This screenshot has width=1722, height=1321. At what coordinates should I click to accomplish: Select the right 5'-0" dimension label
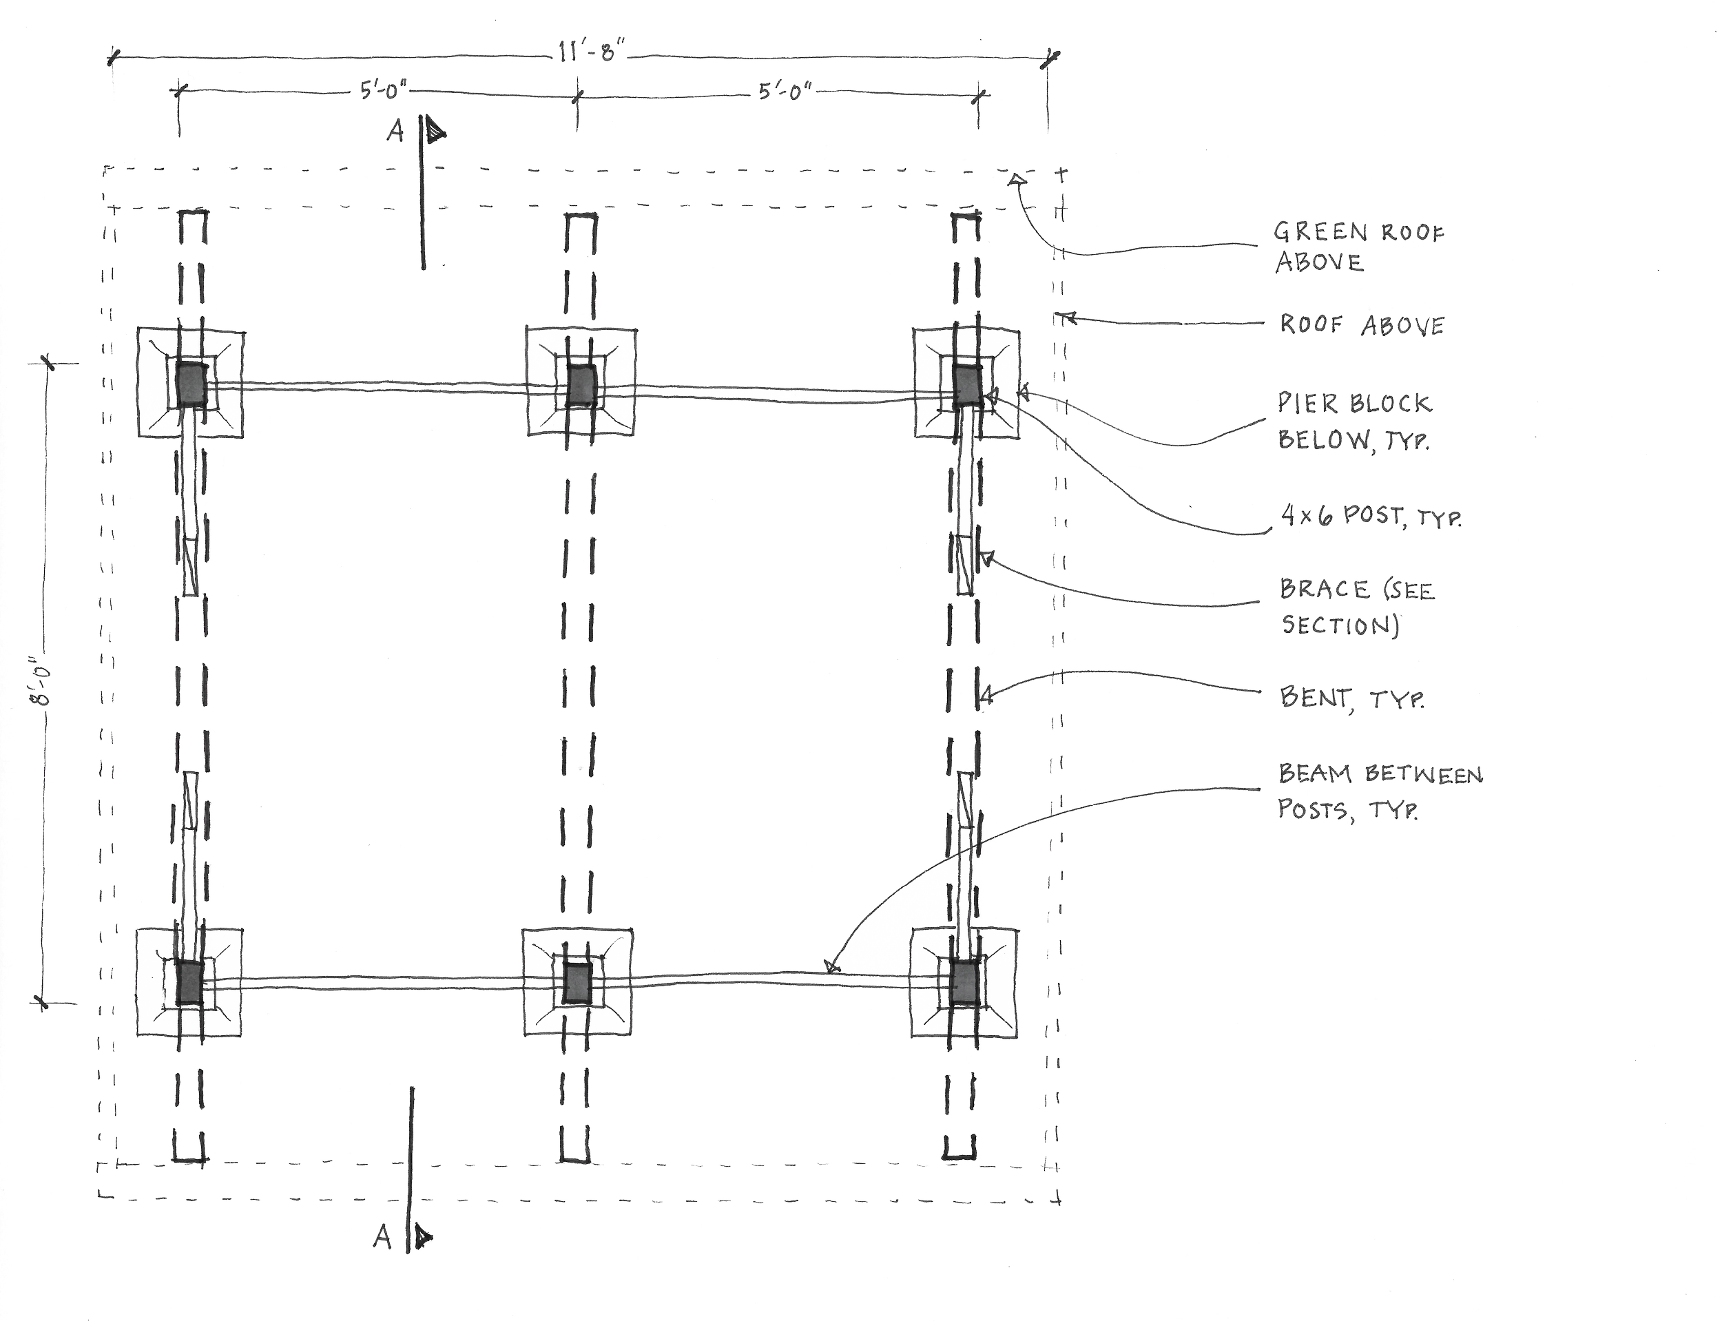[x=783, y=93]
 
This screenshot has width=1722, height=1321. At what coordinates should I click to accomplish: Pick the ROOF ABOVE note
[x=1362, y=325]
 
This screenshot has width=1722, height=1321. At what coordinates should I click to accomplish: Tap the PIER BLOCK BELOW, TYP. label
[x=1352, y=421]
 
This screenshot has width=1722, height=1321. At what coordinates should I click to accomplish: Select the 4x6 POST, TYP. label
[x=1371, y=517]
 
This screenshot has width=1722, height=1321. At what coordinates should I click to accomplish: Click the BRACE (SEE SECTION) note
[x=1357, y=606]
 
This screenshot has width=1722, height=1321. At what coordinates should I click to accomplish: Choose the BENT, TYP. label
[x=1351, y=698]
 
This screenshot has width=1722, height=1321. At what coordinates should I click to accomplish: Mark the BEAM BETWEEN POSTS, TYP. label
[x=1379, y=791]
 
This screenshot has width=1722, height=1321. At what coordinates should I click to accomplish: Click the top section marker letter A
[x=395, y=132]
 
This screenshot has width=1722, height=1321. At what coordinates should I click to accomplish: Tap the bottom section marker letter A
[x=382, y=1239]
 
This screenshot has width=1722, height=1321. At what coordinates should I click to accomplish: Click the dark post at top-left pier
[x=189, y=384]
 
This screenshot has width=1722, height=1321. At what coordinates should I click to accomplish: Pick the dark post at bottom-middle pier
[x=577, y=984]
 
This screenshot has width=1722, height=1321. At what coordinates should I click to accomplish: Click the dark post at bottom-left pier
[x=189, y=983]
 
